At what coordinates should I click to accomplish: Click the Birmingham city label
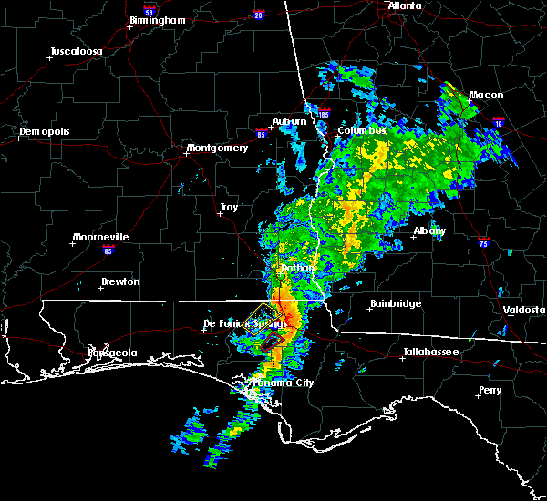coord(159,19)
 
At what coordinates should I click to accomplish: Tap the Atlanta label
coord(405,5)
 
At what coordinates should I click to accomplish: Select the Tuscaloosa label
coord(76,51)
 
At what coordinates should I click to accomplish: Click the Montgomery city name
coord(217,148)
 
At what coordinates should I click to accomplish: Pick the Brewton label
coord(120,281)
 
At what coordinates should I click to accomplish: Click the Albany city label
coord(429,230)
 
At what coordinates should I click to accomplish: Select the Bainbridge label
coord(395,303)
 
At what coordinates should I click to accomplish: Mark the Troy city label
coord(229,208)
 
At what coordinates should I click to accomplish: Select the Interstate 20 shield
coord(258,15)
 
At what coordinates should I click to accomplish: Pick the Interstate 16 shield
coord(499,121)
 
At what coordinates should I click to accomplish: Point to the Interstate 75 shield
coord(484,243)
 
